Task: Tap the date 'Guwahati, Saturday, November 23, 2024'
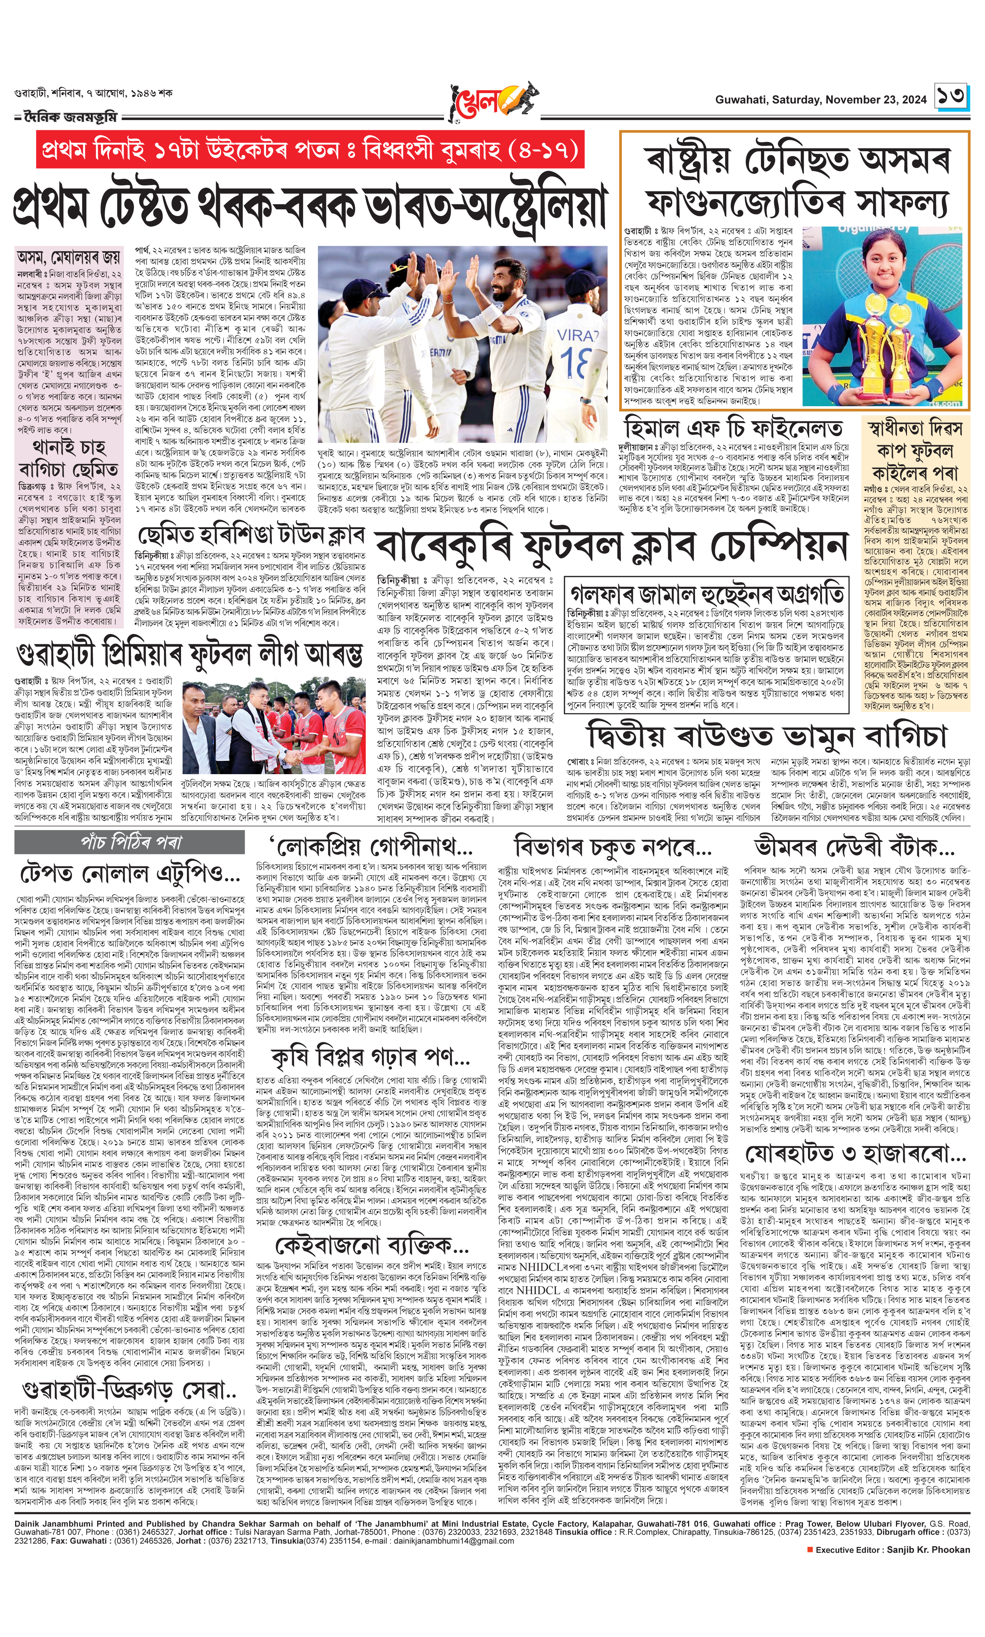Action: (821, 100)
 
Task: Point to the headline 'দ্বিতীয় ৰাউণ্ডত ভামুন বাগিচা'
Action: (767, 737)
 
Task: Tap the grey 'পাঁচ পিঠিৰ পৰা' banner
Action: (130, 843)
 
